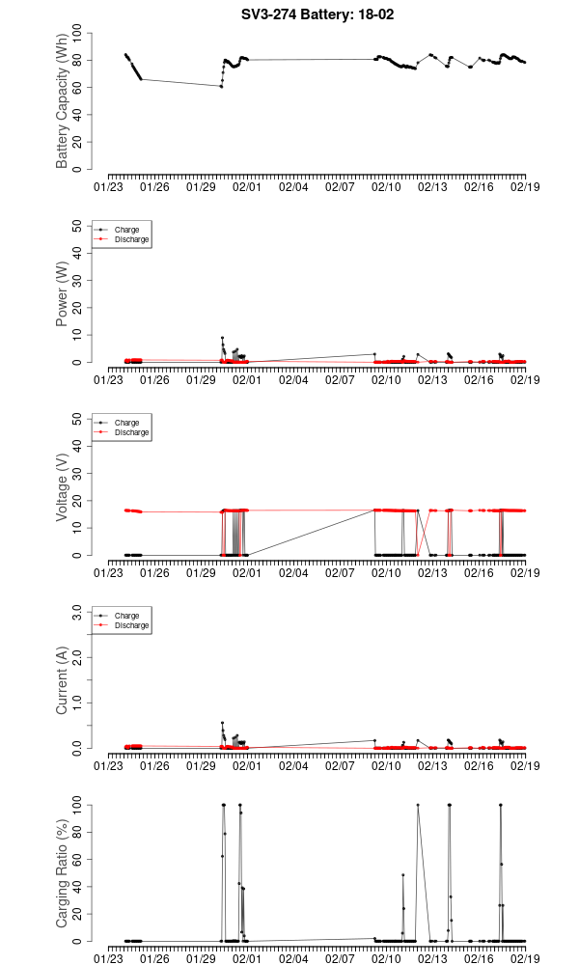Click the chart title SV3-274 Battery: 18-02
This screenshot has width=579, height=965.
coord(317,14)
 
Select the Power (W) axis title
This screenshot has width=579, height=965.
coord(63,293)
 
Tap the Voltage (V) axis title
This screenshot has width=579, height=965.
coord(63,486)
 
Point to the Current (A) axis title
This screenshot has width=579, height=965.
coord(63,679)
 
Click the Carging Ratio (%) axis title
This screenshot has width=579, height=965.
coord(63,872)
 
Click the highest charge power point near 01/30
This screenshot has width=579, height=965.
coord(222,338)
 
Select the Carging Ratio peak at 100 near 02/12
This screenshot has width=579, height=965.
coord(418,805)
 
